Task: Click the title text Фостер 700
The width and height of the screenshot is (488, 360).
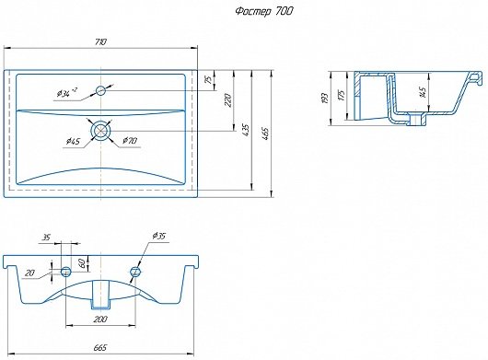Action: tap(264, 12)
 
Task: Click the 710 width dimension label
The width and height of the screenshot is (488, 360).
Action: tap(101, 41)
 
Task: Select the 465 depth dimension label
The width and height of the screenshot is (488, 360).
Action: tap(265, 134)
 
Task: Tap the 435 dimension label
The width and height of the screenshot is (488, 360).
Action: tap(246, 131)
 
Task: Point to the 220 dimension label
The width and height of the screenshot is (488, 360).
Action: tap(228, 100)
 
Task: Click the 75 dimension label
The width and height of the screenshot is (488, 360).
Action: tap(210, 79)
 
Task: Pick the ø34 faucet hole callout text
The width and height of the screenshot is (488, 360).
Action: tap(66, 93)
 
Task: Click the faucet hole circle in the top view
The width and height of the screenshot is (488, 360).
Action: tap(101, 90)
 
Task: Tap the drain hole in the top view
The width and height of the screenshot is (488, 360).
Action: tap(101, 131)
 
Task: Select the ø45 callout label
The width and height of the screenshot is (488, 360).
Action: tap(73, 142)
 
